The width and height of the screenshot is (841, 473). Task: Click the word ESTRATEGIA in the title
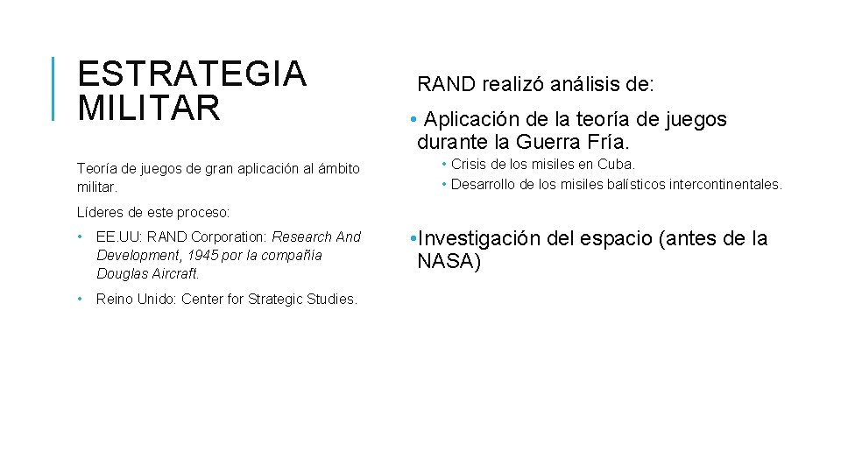tap(192, 74)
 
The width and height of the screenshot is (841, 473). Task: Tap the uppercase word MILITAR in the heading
tap(149, 108)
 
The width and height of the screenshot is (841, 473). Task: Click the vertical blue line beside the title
tap(54, 88)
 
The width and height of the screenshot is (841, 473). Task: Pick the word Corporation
tap(230, 236)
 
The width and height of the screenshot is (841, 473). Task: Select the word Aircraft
tap(176, 273)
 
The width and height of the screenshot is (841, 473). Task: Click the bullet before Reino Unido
tap(80, 300)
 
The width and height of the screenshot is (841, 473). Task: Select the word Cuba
tap(617, 164)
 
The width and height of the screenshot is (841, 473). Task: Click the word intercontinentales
tap(725, 184)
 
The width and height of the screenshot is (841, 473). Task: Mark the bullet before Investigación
tap(413, 238)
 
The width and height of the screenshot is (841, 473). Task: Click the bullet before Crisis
tap(444, 164)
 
